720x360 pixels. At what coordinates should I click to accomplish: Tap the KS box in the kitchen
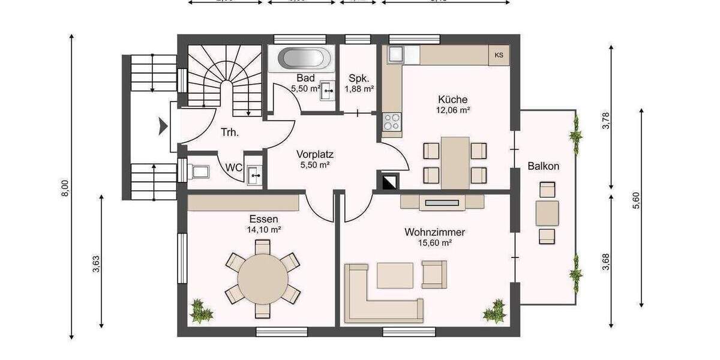pyautogui.click(x=499, y=55)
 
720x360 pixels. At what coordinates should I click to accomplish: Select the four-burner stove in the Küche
pyautogui.click(x=392, y=122)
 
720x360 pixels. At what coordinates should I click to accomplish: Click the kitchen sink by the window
pyautogui.click(x=397, y=55)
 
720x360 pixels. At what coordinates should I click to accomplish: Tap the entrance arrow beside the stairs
pyautogui.click(x=162, y=127)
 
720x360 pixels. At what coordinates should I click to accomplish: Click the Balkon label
pyautogui.click(x=544, y=166)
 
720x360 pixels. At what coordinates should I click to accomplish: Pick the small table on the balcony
pyautogui.click(x=547, y=212)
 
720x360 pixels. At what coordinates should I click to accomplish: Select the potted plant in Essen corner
pyautogui.click(x=201, y=311)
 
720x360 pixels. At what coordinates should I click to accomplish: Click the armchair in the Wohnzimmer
pyautogui.click(x=434, y=274)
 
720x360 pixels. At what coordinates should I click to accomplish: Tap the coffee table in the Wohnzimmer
pyautogui.click(x=395, y=275)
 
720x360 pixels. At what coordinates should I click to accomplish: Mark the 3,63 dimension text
pyautogui.click(x=97, y=264)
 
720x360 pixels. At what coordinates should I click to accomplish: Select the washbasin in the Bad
pyautogui.click(x=328, y=92)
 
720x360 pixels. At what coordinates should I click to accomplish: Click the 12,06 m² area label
pyautogui.click(x=453, y=110)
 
